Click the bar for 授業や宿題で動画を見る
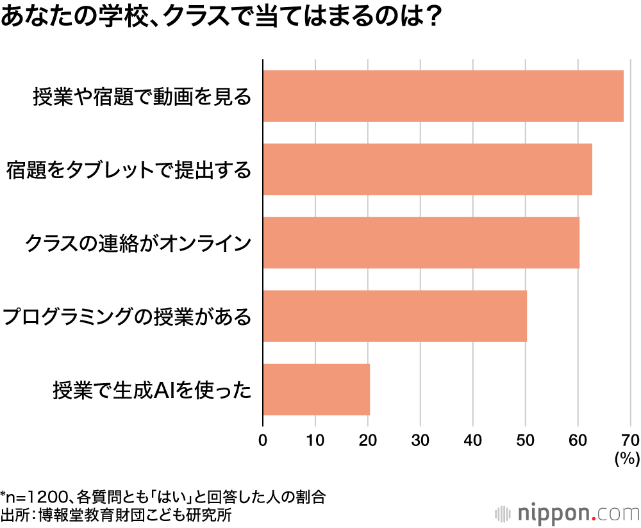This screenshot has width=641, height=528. [443, 96]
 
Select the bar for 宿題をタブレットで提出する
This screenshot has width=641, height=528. [427, 169]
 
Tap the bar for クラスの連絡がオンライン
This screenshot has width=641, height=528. [420, 243]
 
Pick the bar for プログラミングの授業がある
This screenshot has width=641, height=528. [394, 316]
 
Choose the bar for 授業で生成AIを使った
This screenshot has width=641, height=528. [316, 390]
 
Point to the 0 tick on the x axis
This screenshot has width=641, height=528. [263, 440]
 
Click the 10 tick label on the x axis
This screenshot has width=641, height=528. [315, 440]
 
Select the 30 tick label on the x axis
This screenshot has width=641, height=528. [420, 440]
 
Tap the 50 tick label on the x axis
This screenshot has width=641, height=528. [526, 440]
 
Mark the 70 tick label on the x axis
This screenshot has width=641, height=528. [630, 440]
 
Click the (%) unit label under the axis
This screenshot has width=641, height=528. [627, 458]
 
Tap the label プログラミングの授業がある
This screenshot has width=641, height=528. [126, 317]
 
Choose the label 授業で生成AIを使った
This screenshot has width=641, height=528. [151, 390]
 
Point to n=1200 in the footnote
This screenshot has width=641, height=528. [35, 497]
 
